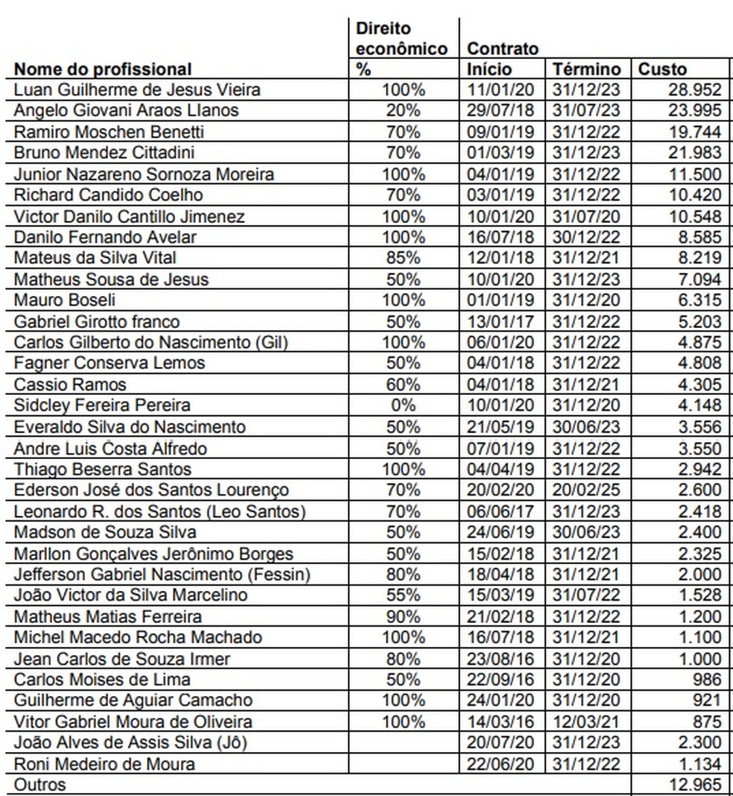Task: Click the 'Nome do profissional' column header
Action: point(103,69)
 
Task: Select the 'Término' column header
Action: point(586,69)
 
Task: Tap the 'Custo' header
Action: point(662,69)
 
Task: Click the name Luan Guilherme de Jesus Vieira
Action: point(138,90)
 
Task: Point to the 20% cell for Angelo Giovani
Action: point(403,111)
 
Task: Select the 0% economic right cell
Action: point(403,405)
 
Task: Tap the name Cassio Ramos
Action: point(71,385)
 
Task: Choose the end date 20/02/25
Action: point(587,490)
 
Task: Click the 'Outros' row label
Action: point(40,785)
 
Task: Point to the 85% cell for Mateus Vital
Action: point(403,258)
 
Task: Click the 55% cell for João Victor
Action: point(403,595)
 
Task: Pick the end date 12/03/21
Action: point(587,721)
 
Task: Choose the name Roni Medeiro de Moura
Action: point(105,764)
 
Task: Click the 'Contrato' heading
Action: point(503,49)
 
